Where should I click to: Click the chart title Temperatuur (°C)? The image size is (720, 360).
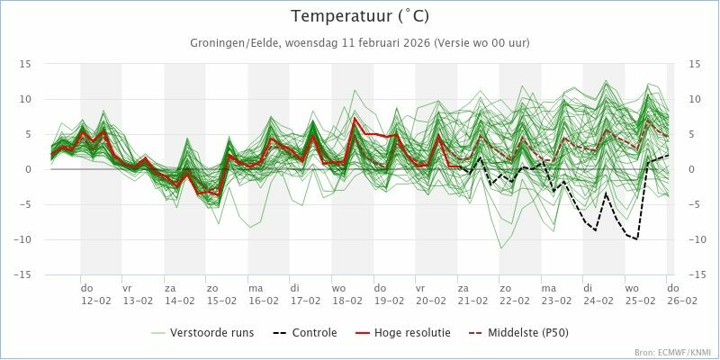359,16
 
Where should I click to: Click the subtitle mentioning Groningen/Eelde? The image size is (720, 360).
359,43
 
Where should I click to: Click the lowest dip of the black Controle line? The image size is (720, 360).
636,239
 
